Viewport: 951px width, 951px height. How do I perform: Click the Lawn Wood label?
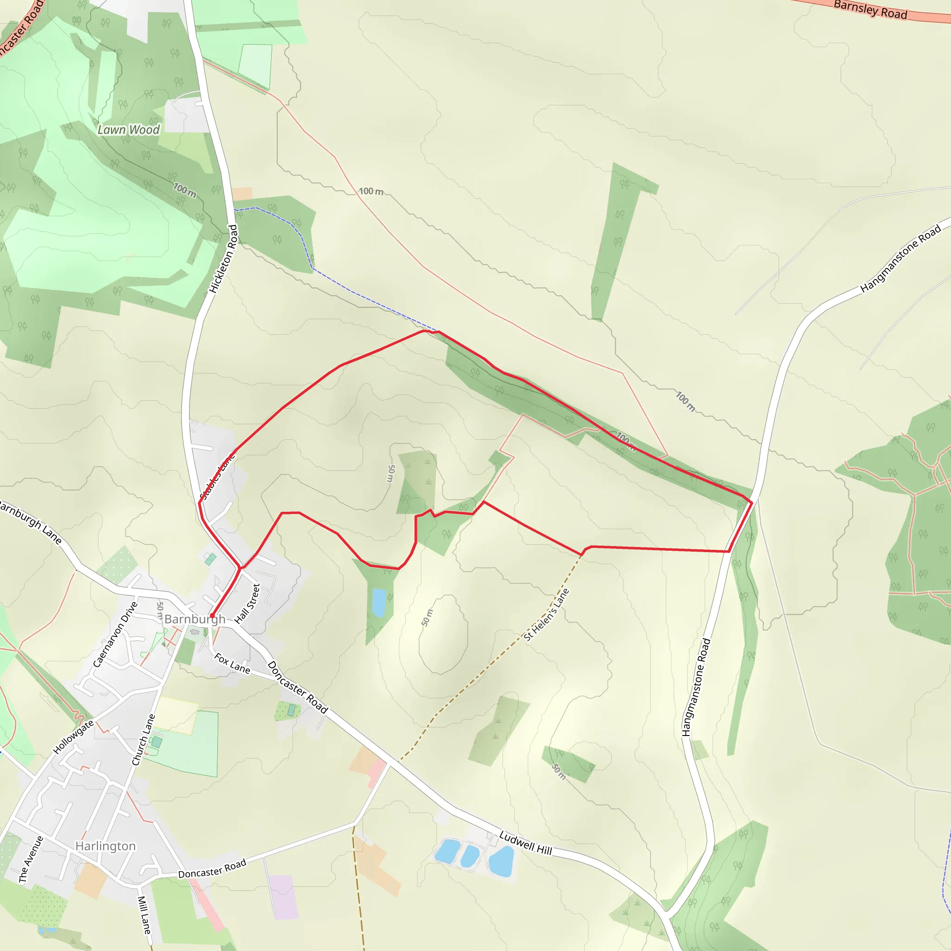[129, 130]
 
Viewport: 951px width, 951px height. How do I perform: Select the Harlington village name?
[105, 846]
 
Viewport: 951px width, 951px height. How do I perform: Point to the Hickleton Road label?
[223, 259]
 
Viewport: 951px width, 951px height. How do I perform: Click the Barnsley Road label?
[870, 10]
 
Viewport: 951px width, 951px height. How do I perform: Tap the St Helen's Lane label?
[547, 615]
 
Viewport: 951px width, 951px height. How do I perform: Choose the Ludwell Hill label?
[525, 843]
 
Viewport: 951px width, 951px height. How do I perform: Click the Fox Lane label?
[232, 663]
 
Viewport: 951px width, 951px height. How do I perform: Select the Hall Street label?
[247, 604]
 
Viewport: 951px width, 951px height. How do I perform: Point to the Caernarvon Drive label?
[115, 634]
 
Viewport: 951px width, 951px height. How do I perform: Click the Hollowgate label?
[73, 737]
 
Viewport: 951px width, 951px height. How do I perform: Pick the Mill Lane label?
[144, 915]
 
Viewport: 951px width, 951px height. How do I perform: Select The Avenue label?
[31, 860]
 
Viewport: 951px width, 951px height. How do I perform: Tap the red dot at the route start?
[212, 616]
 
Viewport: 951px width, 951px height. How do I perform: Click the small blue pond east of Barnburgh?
[378, 602]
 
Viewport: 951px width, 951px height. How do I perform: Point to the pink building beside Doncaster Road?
[377, 771]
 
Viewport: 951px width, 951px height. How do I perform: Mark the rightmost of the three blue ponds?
[502, 861]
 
